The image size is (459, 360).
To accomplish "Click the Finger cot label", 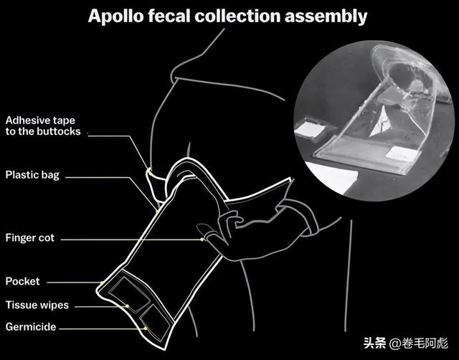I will [x=30, y=237].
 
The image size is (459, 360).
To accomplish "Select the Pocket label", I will [x=22, y=281].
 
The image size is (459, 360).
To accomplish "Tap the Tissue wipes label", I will [x=37, y=305].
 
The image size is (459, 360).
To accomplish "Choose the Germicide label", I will [x=31, y=327].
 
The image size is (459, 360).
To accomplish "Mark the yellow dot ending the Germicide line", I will [x=146, y=328].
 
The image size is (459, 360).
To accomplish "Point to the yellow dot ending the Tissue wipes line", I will [x=128, y=306].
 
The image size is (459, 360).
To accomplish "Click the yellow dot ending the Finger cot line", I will [x=204, y=238].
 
